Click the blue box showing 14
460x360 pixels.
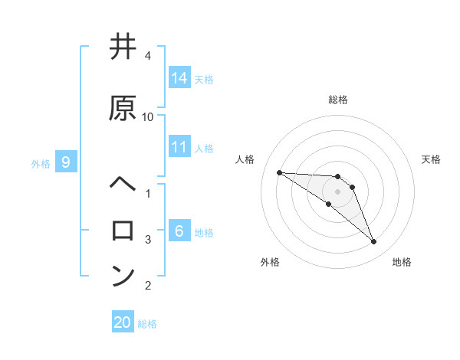[179, 78]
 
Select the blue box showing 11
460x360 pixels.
[179, 147]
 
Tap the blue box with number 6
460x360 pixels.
[179, 231]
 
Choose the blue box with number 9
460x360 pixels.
[66, 162]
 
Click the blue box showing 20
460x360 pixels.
[123, 323]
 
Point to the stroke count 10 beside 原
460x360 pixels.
[147, 116]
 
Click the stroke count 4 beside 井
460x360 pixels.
[147, 56]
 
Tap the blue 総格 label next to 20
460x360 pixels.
[148, 324]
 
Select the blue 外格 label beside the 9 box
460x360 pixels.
[41, 163]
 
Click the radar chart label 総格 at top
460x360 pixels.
[337, 100]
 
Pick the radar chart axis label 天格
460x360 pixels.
[432, 159]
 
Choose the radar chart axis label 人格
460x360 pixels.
[245, 159]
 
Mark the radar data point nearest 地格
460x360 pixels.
[373, 242]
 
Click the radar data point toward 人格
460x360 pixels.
[279, 172]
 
